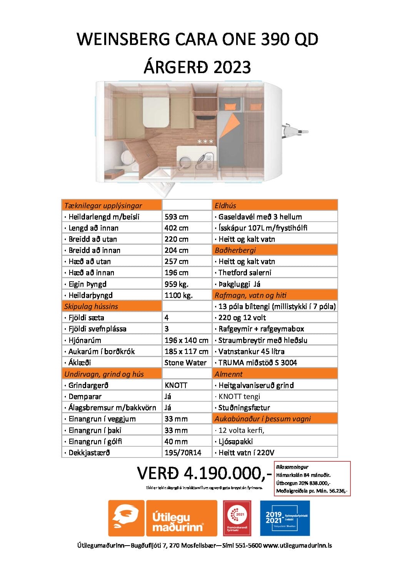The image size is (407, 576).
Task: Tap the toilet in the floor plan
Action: point(125,158)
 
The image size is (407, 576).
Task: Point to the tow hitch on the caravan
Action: point(295,132)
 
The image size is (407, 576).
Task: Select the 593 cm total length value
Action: point(177,217)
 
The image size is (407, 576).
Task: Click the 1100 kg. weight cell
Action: point(178,295)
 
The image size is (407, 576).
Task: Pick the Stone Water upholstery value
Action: point(185,362)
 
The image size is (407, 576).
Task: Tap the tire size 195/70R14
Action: point(183,452)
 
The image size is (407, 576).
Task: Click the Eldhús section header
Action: point(225,205)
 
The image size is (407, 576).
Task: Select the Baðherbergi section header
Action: point(235,250)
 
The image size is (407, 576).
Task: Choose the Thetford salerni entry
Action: point(245,272)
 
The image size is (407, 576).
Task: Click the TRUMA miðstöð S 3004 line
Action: point(257,362)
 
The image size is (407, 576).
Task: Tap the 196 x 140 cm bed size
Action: point(186,340)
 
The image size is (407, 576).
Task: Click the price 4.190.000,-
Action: point(204,473)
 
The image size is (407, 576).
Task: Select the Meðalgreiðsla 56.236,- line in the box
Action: point(312,491)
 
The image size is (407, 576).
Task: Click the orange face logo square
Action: point(126,518)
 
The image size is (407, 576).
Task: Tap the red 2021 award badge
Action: point(237,518)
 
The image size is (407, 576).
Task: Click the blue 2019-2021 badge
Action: point(285,518)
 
